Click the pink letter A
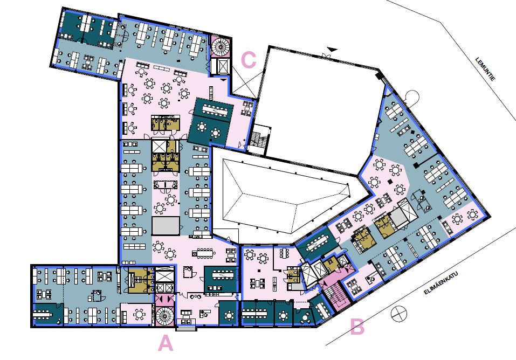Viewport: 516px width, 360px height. click(166, 344)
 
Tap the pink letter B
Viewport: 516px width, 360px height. click(357, 327)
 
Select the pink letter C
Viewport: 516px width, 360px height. click(249, 60)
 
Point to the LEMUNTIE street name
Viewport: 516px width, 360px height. click(485, 70)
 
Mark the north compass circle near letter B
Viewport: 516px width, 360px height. click(398, 314)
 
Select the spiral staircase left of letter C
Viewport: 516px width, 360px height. click(220, 46)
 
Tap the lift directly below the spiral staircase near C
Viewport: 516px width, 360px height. click(220, 67)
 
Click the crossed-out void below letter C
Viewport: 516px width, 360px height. click(244, 82)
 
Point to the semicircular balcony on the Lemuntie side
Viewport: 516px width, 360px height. click(411, 97)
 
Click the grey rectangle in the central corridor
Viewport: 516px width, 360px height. click(166, 226)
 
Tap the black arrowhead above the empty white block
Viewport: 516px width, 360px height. click(332, 49)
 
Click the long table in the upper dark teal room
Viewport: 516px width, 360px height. click(215, 109)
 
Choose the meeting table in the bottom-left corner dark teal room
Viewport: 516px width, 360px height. click(42, 315)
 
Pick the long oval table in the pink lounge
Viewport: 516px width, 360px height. click(205, 253)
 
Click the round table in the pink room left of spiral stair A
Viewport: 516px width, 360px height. click(140, 314)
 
